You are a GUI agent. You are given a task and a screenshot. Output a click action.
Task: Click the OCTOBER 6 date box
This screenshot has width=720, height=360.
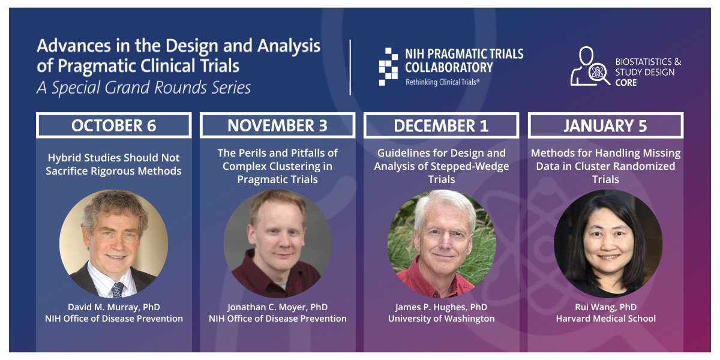tap(113, 125)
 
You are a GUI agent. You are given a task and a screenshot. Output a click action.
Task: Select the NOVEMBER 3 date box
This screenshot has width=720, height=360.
tap(277, 125)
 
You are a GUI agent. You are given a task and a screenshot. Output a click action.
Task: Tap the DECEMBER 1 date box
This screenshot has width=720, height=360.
tap(441, 125)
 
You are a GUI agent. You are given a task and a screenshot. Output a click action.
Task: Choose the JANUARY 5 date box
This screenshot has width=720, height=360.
tap(605, 125)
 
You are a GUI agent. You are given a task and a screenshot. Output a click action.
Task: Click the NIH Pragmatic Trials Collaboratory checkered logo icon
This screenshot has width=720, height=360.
tap(388, 67)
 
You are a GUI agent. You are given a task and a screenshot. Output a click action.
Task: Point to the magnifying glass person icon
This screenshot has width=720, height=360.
tap(590, 67)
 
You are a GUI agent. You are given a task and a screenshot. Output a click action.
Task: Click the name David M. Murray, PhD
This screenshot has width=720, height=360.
tap(114, 307)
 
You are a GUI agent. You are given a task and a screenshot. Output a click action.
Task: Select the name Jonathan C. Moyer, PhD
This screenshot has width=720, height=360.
tap(277, 307)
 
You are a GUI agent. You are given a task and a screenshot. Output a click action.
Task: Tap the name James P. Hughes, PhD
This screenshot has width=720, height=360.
tap(441, 307)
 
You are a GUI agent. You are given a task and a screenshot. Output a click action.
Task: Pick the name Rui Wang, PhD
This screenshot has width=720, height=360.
tap(605, 307)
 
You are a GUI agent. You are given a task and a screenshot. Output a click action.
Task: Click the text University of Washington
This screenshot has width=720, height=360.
tap(441, 319)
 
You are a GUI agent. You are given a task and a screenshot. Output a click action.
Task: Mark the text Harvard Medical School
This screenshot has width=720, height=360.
tap(605, 319)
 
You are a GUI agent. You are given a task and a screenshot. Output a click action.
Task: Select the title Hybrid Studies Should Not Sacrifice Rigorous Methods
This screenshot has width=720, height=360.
tap(114, 164)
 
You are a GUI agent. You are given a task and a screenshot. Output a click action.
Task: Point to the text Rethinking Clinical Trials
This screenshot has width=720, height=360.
tap(443, 81)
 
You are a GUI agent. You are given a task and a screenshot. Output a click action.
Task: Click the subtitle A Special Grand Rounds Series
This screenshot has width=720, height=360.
tap(143, 88)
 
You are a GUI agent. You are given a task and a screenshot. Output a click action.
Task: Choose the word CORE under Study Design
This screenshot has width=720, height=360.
tap(626, 82)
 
